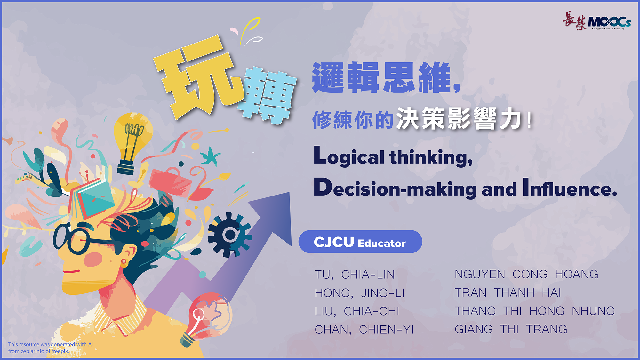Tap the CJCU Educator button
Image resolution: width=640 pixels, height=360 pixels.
[360, 242]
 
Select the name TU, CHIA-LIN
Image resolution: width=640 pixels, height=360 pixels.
[355, 275]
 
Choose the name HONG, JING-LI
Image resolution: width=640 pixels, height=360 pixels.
[360, 293]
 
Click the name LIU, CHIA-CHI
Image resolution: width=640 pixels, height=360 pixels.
[357, 311]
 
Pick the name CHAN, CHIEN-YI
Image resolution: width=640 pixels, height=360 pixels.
[364, 330]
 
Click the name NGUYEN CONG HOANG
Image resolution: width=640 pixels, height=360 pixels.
[526, 274]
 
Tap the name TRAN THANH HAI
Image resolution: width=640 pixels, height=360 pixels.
[508, 293]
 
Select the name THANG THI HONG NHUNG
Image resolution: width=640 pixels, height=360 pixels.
[535, 311]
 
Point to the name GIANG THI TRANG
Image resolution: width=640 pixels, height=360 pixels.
[511, 329]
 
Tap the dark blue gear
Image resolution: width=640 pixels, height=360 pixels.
[229, 235]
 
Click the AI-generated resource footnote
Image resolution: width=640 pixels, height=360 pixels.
[51, 348]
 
